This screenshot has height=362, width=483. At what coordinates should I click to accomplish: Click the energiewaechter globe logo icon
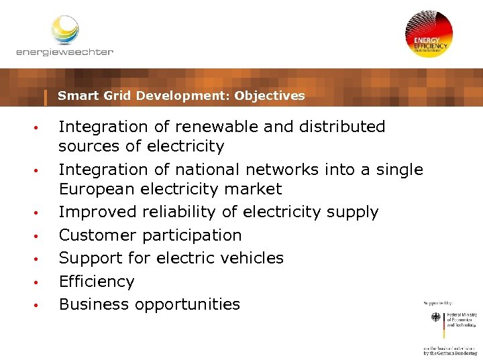point(65,29)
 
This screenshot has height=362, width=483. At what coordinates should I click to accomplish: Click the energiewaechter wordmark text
point(65,52)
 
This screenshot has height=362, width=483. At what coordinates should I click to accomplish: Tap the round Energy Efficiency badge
point(429,35)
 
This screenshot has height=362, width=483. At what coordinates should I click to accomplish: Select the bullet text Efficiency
point(97,282)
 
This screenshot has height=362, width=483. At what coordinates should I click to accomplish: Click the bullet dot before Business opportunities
point(40,306)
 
